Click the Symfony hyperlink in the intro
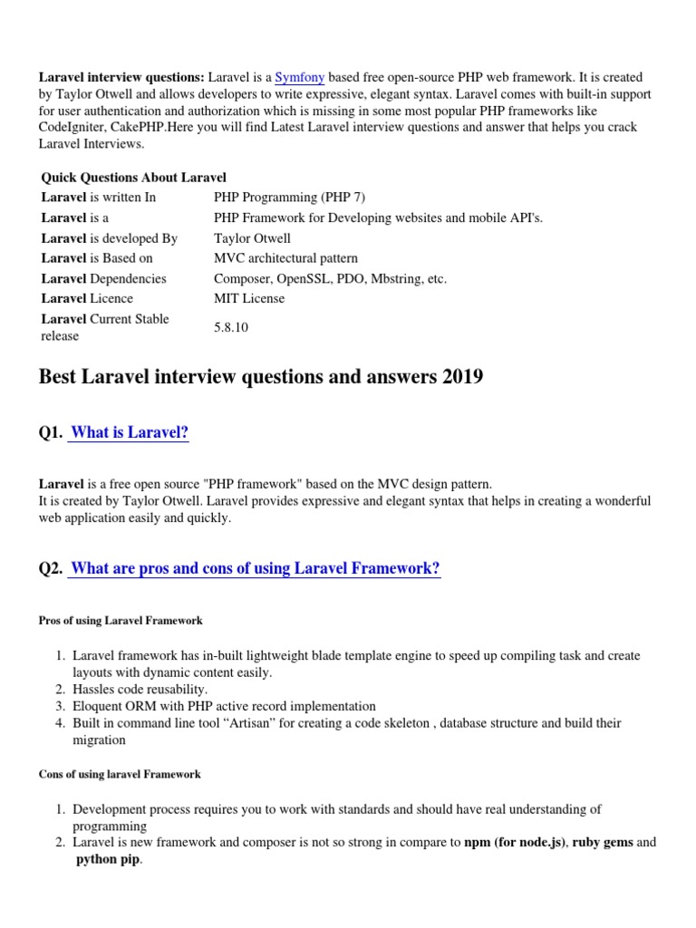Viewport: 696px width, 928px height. pos(299,78)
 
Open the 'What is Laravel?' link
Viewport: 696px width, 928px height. pos(129,432)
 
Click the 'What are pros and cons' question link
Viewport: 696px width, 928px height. pos(255,568)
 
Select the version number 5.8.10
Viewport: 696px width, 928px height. pos(230,327)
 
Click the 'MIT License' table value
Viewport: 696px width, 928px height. pos(248,298)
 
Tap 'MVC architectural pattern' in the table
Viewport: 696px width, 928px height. pos(285,258)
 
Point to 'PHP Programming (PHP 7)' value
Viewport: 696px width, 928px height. pos(289,197)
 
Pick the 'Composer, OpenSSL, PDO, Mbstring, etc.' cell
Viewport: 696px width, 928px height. pos(330,278)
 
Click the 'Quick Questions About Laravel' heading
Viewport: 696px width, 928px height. pos(133,177)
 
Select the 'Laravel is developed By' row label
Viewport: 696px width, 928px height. pos(109,238)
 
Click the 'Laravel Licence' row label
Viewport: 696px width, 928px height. pos(87,298)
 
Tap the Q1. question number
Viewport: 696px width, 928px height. pos(51,433)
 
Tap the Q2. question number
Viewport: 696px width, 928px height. pos(51,569)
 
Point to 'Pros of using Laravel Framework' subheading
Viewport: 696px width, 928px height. pos(121,621)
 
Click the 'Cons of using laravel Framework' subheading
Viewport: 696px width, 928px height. pos(120,775)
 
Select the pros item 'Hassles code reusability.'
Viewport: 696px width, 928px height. pos(140,690)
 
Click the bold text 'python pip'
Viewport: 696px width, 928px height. pos(107,859)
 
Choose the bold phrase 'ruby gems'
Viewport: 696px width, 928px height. pos(603,843)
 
